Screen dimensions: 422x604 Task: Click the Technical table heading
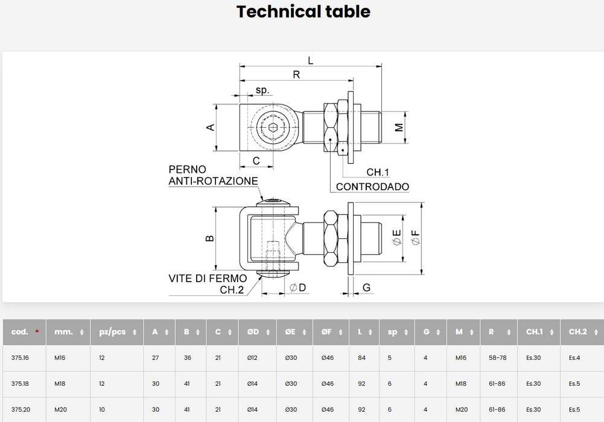303,11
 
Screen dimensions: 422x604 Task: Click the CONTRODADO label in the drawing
372,187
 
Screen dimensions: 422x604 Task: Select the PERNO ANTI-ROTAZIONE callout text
213,175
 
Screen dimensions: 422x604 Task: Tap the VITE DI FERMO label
208,279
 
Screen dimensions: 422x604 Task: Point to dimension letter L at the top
311,60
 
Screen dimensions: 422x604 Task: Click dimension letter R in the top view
296,75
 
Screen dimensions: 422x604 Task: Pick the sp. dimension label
262,90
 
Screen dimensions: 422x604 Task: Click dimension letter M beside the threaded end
399,127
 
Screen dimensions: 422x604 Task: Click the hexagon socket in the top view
273,128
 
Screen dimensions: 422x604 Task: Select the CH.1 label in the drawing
378,173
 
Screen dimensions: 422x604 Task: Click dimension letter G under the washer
366,288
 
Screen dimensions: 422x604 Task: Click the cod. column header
20,332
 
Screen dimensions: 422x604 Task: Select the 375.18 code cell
20,383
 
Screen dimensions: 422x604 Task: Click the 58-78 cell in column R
497,357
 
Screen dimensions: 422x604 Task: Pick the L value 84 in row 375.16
361,357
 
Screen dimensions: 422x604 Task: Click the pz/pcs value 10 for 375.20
102,409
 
